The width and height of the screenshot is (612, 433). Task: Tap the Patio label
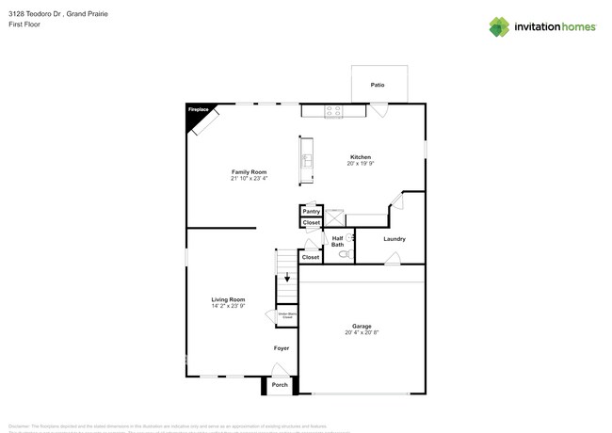(x=377, y=85)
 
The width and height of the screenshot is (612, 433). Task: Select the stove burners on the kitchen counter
(x=333, y=110)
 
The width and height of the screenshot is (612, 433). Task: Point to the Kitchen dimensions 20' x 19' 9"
(x=361, y=164)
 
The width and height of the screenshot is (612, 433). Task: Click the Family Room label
(x=250, y=171)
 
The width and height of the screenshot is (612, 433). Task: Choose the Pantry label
(x=312, y=212)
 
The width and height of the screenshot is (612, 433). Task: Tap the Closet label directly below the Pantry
(x=312, y=223)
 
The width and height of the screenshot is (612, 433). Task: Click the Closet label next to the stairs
(x=310, y=257)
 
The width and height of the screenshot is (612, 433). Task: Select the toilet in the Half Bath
(x=345, y=253)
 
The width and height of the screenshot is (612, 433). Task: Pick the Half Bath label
(x=337, y=242)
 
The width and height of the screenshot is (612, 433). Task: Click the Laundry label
(x=395, y=239)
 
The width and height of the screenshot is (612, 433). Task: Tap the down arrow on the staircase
(x=287, y=279)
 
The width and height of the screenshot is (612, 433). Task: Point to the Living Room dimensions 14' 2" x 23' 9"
(x=228, y=306)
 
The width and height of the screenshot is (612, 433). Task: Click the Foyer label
(x=281, y=348)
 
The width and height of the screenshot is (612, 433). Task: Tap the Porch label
(x=280, y=384)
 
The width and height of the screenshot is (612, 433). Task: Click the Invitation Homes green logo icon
(x=499, y=27)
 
